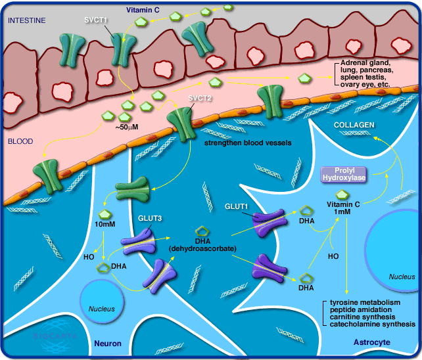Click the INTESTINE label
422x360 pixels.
coord(26,20)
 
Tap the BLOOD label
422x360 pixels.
coord(20,141)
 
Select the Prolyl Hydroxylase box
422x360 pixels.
coord(342,173)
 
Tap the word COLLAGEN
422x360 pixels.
coord(354,124)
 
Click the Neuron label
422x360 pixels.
coord(108,343)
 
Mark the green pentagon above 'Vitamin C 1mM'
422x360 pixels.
coord(342,194)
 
